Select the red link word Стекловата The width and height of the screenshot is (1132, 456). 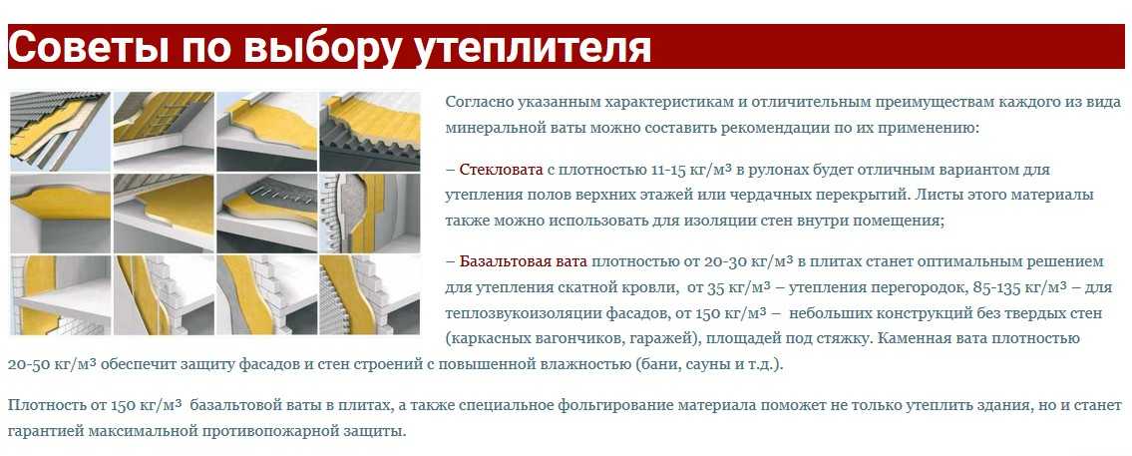[501, 171]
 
